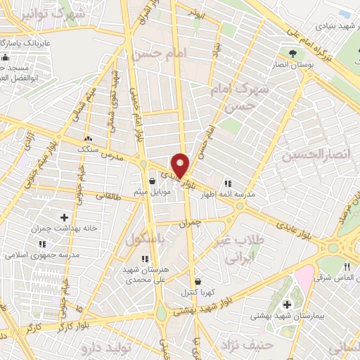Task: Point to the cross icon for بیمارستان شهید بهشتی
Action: (287, 304)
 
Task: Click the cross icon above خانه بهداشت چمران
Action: (65, 218)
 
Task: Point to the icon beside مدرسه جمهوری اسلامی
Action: (42, 243)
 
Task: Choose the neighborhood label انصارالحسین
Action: (316, 155)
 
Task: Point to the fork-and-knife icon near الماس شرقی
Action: (347, 268)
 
